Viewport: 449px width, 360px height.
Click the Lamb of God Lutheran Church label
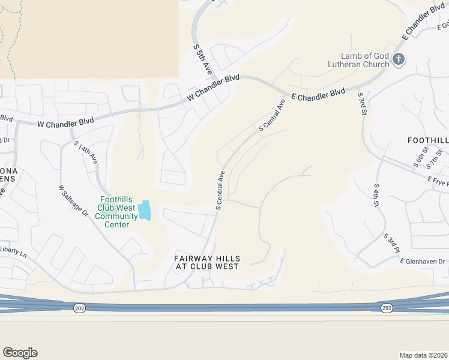(358, 60)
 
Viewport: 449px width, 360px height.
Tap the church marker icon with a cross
(400, 58)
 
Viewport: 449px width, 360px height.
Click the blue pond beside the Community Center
(145, 211)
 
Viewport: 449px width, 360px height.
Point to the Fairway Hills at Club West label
(207, 262)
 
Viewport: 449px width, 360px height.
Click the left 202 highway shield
(80, 307)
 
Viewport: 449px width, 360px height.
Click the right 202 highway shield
(387, 307)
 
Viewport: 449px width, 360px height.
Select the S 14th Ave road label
(85, 153)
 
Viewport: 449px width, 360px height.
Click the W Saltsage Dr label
(73, 204)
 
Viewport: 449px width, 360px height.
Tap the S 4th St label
(377, 196)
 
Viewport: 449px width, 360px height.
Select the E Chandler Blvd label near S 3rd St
(318, 95)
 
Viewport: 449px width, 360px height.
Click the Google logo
(20, 353)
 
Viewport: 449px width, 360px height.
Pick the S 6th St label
(418, 158)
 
